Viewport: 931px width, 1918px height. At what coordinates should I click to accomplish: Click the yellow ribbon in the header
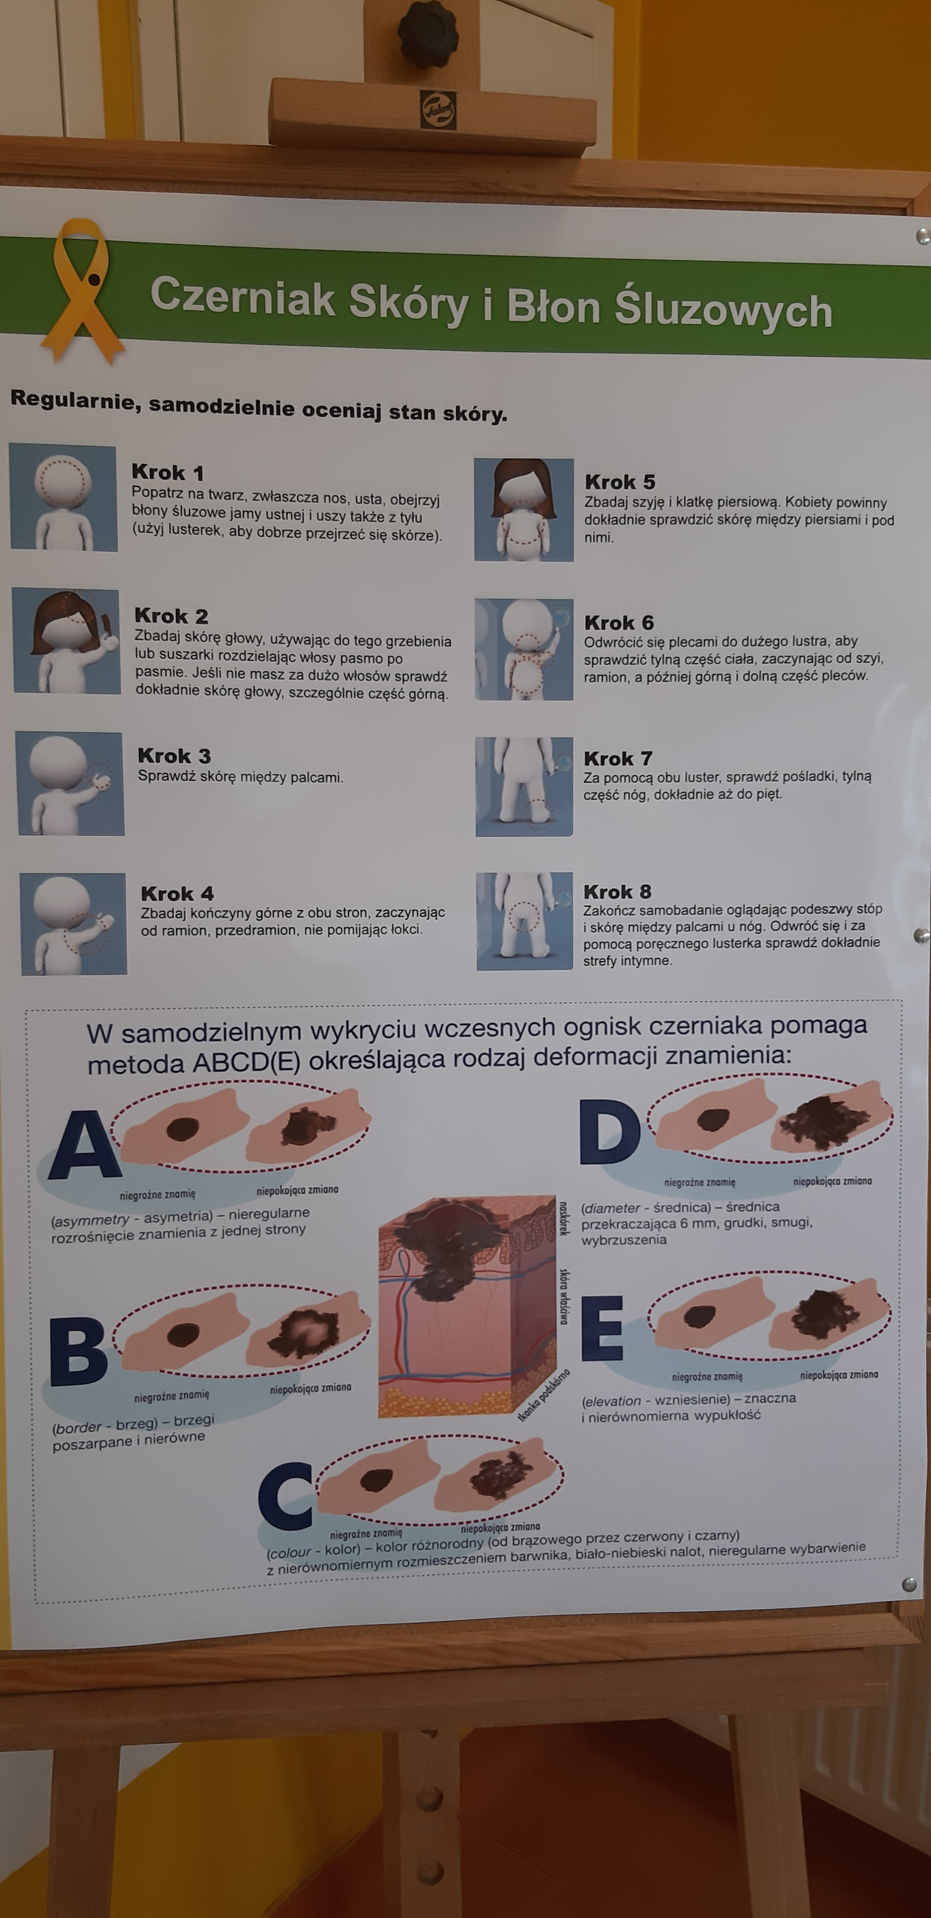[82, 290]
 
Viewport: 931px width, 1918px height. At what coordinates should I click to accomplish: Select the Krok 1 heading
[168, 472]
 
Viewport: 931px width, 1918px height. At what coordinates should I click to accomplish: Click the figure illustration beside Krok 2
[67, 641]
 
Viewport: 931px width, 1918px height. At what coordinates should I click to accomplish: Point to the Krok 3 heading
[174, 756]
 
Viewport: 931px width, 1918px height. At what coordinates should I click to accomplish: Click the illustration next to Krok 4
[74, 924]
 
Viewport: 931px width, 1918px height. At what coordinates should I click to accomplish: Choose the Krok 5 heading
[620, 482]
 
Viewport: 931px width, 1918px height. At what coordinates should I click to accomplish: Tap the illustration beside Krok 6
[524, 649]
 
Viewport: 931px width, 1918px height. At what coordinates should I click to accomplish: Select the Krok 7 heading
[617, 759]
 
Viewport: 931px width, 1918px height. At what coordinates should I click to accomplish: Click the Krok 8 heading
[617, 891]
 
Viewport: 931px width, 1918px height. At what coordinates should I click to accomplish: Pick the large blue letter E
[602, 1328]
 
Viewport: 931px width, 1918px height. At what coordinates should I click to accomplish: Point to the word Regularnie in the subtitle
[76, 400]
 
